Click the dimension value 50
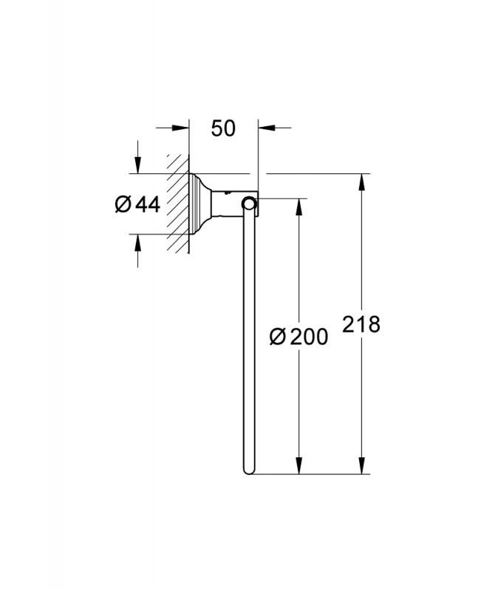pyautogui.click(x=223, y=128)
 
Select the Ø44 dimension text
pyautogui.click(x=137, y=204)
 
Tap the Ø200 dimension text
pyautogui.click(x=299, y=336)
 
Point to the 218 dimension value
pyautogui.click(x=361, y=324)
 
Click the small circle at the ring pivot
pyautogui.click(x=248, y=204)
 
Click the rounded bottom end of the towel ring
pyautogui.click(x=248, y=470)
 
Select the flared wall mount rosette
pyautogui.click(x=199, y=204)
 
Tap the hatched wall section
pyautogui.click(x=177, y=204)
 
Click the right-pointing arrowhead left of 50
pyautogui.click(x=180, y=128)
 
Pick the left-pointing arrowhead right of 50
pyautogui.click(x=267, y=128)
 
